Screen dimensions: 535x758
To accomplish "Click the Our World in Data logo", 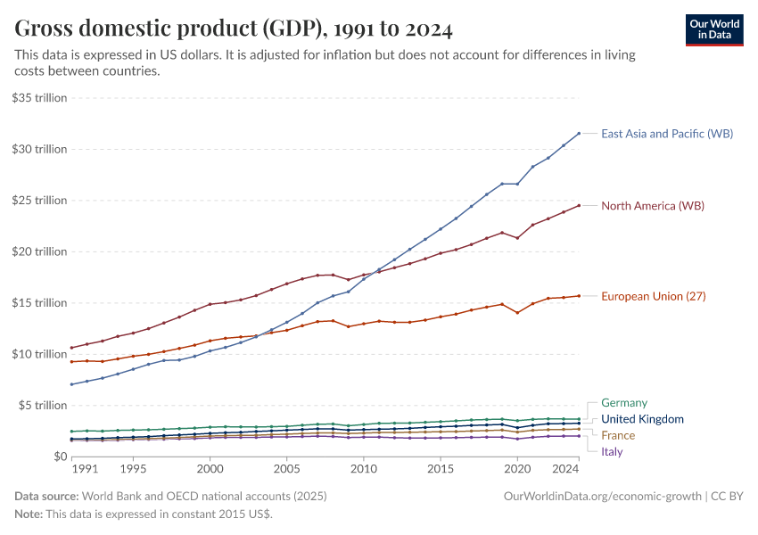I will click(x=713, y=29).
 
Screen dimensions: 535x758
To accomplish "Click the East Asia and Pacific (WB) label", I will click(x=667, y=134).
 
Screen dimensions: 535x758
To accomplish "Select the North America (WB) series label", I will click(x=653, y=206).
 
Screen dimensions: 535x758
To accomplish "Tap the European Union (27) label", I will click(x=655, y=296).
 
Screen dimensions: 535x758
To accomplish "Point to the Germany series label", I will click(x=624, y=403).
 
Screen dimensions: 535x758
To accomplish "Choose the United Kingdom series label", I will click(x=642, y=419).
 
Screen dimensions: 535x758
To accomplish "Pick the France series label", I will click(x=618, y=436).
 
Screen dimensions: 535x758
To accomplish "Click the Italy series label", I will click(x=612, y=452).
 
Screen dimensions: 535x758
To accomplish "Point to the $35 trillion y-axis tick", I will click(x=39, y=98).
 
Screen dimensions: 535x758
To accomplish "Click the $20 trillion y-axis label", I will click(x=39, y=251).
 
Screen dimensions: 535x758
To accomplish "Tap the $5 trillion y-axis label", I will click(x=43, y=406).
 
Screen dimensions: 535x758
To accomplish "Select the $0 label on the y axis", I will click(x=58, y=457).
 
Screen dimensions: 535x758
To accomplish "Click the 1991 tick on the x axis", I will click(x=85, y=468).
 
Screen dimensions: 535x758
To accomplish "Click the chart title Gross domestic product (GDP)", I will click(x=234, y=29).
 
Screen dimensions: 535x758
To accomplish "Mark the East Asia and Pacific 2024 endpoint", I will click(x=579, y=134).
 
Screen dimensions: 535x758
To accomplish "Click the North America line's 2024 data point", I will click(x=579, y=206).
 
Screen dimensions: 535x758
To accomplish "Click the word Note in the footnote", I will click(x=29, y=514).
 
